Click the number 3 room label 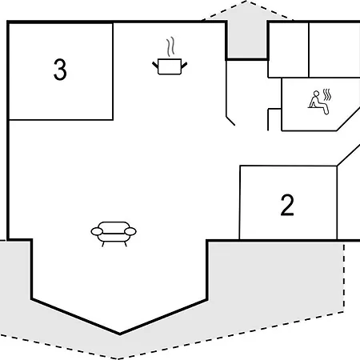pyautogui.click(x=60, y=70)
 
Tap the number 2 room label pyautogui.click(x=287, y=205)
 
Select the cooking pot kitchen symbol pyautogui.click(x=170, y=66)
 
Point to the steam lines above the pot pyautogui.click(x=170, y=46)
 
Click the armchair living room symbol pyautogui.click(x=114, y=234)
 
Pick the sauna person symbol pyautogui.click(x=318, y=102)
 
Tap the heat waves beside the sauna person pyautogui.click(x=327, y=94)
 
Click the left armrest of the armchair pyautogui.click(x=97, y=231)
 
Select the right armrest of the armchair pyautogui.click(x=130, y=231)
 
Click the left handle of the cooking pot pyautogui.click(x=155, y=65)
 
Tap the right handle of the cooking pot pyautogui.click(x=184, y=65)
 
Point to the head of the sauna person pyautogui.click(x=316, y=94)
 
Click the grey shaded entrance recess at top pyautogui.click(x=246, y=40)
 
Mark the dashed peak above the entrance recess pyautogui.click(x=246, y=2)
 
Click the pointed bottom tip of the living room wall pyautogui.click(x=120, y=334)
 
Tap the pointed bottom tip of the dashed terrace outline pyautogui.click(x=118, y=358)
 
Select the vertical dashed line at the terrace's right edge pyautogui.click(x=344, y=278)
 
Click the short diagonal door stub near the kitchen pyautogui.click(x=230, y=121)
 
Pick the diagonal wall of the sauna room pyautogui.click(x=348, y=119)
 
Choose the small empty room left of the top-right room pyautogui.click(x=289, y=50)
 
